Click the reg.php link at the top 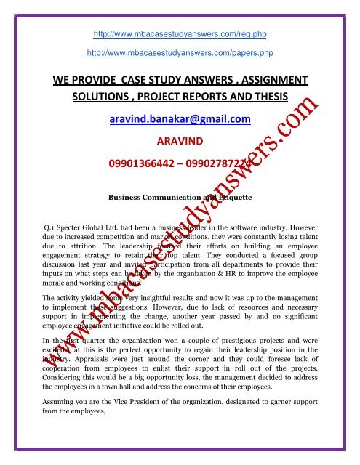pyautogui.click(x=179, y=33)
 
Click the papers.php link pyautogui.click(x=179, y=53)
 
